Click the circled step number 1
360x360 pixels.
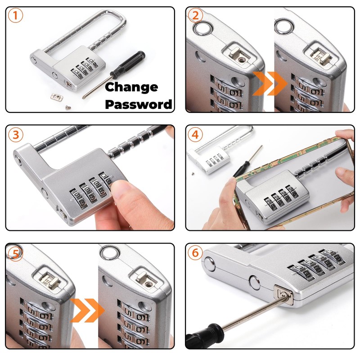point(15,16)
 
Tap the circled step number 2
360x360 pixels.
point(195,16)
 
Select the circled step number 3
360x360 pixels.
point(15,134)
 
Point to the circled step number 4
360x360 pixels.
point(195,134)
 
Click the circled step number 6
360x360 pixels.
point(195,253)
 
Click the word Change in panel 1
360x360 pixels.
point(131,87)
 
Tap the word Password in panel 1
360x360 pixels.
point(139,104)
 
